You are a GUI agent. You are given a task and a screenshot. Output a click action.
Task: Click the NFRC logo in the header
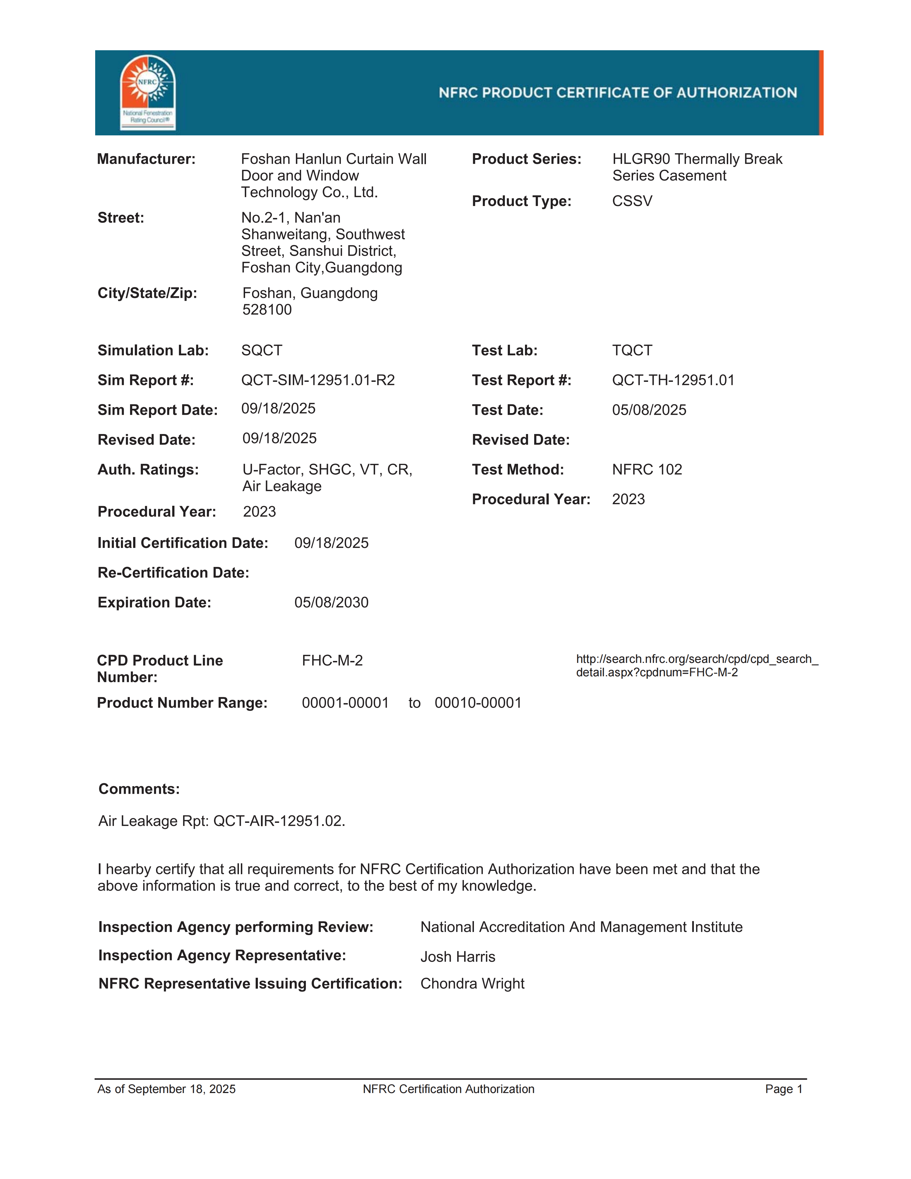(147, 92)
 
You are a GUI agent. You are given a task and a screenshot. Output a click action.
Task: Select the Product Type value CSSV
(632, 201)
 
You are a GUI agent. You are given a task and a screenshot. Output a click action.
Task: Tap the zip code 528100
(267, 310)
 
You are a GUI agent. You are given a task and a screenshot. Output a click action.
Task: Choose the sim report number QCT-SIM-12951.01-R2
(318, 381)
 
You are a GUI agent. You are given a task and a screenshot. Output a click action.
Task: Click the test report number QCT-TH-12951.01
(673, 381)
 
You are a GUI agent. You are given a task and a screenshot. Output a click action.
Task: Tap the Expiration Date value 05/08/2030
(331, 602)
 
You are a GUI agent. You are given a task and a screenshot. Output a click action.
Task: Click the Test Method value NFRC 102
(647, 470)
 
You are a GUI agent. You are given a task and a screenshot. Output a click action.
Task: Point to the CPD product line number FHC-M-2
(332, 661)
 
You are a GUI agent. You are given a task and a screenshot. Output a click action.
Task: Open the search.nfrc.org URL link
(697, 666)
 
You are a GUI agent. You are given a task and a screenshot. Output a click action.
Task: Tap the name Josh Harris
(458, 957)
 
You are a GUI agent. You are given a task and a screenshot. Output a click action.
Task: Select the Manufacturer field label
(146, 159)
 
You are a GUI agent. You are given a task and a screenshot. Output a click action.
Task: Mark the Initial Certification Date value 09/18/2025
(331, 543)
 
